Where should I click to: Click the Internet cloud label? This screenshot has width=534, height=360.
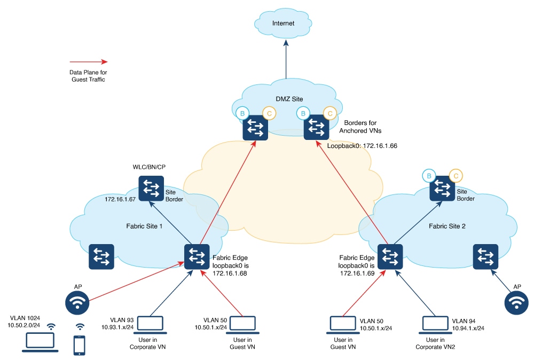[x=282, y=24]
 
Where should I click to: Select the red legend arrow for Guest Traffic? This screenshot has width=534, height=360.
[x=89, y=61]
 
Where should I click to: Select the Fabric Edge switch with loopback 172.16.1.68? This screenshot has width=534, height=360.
[x=197, y=257]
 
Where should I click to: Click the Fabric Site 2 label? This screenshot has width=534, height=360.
[x=447, y=226]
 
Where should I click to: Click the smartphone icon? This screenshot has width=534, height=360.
[x=80, y=345]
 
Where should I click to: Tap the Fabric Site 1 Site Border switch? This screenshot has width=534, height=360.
[x=151, y=189]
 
